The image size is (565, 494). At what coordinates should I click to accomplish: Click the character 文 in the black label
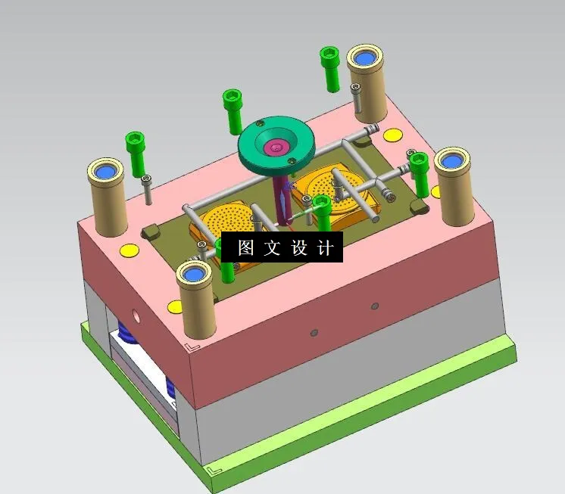click(x=271, y=248)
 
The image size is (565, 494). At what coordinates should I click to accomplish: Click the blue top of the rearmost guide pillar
click(x=367, y=58)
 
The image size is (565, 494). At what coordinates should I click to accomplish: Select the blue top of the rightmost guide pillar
click(x=452, y=160)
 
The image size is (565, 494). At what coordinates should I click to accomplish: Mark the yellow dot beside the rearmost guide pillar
click(x=392, y=135)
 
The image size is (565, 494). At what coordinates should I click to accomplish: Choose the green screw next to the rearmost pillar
click(x=329, y=67)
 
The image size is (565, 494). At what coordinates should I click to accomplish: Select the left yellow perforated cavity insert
click(x=223, y=222)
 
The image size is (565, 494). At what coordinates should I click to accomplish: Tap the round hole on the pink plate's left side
click(x=136, y=312)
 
